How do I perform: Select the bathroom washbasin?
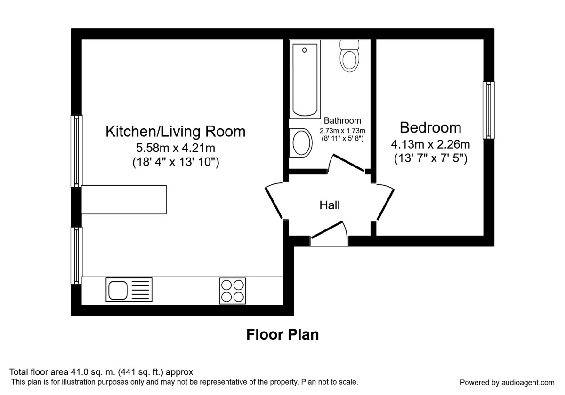(301, 142)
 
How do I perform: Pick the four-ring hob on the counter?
(233, 291)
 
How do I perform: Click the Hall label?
(330, 205)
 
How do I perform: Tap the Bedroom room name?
(430, 127)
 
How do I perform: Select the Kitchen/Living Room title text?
(175, 131)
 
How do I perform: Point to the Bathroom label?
(342, 121)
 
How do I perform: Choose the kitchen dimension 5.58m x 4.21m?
(175, 148)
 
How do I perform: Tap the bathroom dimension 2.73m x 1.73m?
(342, 130)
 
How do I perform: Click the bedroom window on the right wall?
(489, 110)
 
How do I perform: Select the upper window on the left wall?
(76, 150)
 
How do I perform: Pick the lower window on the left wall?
(76, 255)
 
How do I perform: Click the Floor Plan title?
(282, 334)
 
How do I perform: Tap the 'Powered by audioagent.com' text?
(507, 382)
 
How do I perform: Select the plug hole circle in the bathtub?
(305, 50)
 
